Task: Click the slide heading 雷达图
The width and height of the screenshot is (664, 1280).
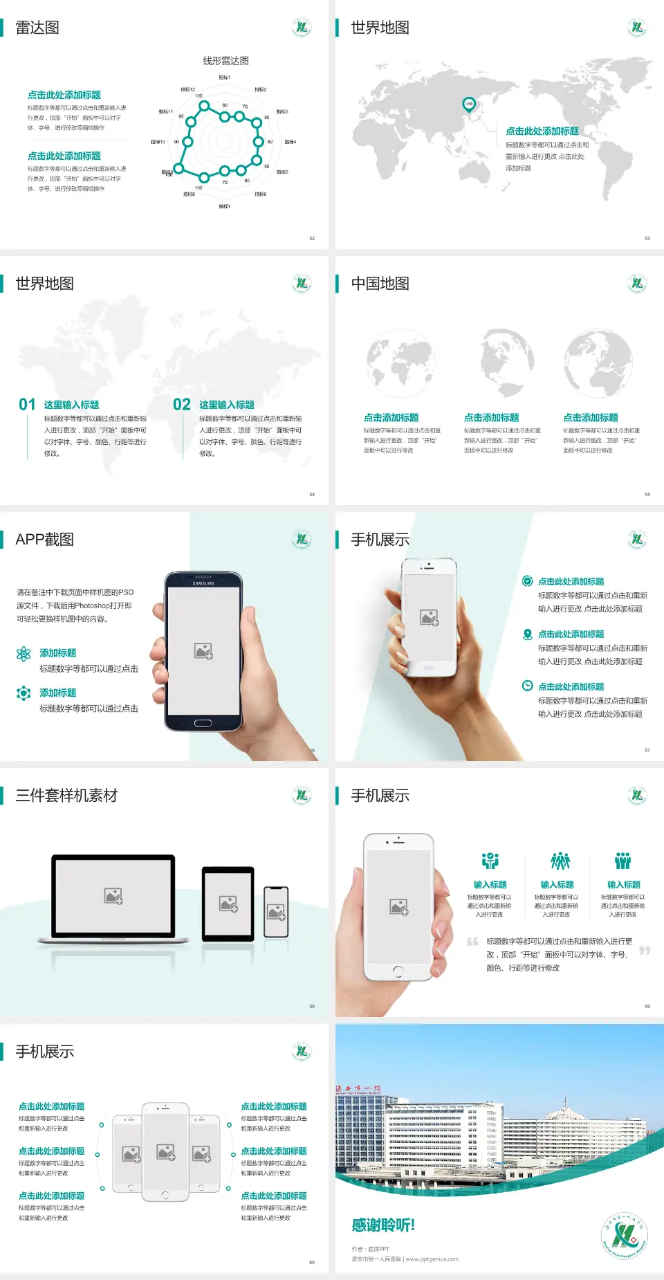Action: point(37,28)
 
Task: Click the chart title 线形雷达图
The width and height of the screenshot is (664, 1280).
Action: point(225,61)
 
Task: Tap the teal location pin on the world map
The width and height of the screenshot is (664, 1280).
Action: point(468,104)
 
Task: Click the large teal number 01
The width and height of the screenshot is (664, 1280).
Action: point(27,405)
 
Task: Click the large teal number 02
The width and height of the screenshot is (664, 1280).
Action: point(182,405)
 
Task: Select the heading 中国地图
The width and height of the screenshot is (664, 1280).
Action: point(380,284)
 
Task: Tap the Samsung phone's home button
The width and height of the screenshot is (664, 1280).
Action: point(203,723)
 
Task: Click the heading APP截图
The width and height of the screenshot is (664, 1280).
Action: point(44,540)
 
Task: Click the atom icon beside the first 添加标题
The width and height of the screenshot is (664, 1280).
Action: point(24,654)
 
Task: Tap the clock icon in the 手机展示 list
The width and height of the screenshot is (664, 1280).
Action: point(527,686)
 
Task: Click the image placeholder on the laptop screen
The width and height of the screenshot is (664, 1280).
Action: point(113,896)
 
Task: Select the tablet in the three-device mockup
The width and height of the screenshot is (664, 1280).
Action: point(228,903)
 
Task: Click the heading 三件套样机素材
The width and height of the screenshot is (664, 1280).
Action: point(66,796)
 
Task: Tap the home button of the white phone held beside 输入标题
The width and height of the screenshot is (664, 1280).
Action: point(398,971)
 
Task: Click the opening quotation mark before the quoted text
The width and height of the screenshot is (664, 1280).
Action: point(472,941)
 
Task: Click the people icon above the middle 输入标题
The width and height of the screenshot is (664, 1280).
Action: point(560,861)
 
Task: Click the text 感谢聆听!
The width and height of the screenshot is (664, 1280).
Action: point(383,1225)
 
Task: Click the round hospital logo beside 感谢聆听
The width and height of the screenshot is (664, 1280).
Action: point(624,1235)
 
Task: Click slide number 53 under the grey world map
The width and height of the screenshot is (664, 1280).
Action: point(647,238)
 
